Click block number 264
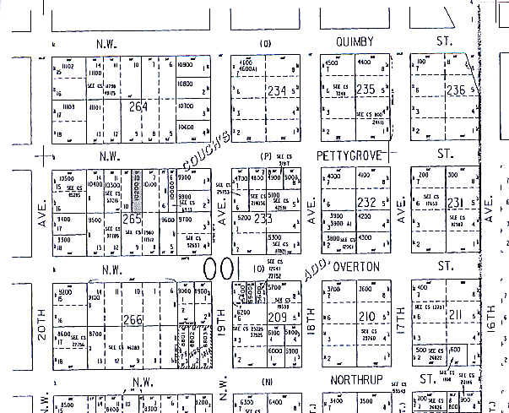pyautogui.click(x=139, y=106)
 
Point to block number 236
pyautogui.click(x=456, y=89)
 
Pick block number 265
pyautogui.click(x=131, y=219)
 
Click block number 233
pyautogui.click(x=263, y=218)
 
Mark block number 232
pyautogui.click(x=366, y=202)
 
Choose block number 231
pyautogui.click(x=455, y=202)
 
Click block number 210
pyautogui.click(x=366, y=317)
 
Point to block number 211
pyautogui.click(x=456, y=317)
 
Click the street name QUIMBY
pyautogui.click(x=366, y=42)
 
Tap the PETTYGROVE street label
pyautogui.click(x=352, y=155)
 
